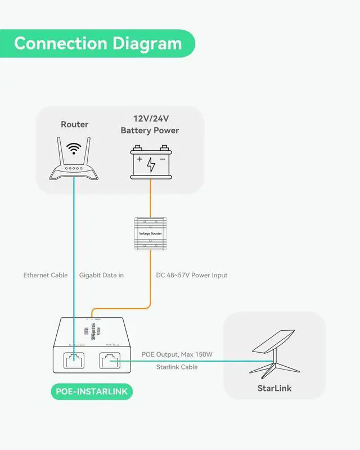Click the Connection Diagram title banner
[98, 43]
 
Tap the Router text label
[75, 124]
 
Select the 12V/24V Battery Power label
[150, 124]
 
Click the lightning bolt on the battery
[151, 164]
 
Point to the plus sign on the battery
[139, 160]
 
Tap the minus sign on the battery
[163, 160]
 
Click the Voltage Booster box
[150, 233]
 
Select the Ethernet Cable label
[46, 275]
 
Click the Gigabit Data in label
[101, 275]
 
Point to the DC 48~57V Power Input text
[192, 275]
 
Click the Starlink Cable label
[177, 367]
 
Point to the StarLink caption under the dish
[274, 388]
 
